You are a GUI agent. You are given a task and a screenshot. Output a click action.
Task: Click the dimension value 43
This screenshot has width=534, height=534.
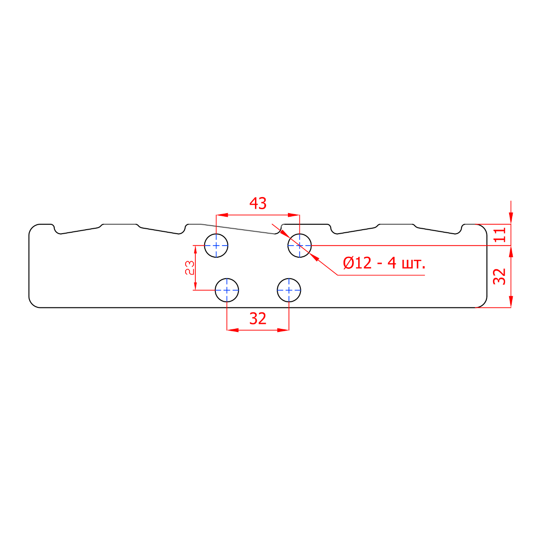point(258,204)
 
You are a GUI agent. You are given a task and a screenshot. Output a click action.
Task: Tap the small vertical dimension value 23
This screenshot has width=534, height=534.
point(190,268)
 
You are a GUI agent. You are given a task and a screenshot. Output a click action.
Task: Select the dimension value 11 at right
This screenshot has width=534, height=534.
point(500,235)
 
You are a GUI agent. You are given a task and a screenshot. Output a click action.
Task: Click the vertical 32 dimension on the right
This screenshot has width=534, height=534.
point(499,276)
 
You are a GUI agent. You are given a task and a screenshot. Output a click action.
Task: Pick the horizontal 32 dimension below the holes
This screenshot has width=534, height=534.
point(258,319)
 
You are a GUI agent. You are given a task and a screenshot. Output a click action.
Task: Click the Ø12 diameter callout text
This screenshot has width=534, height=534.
point(357,263)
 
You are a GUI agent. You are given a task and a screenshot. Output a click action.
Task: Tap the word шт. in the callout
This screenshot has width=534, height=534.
point(413,264)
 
